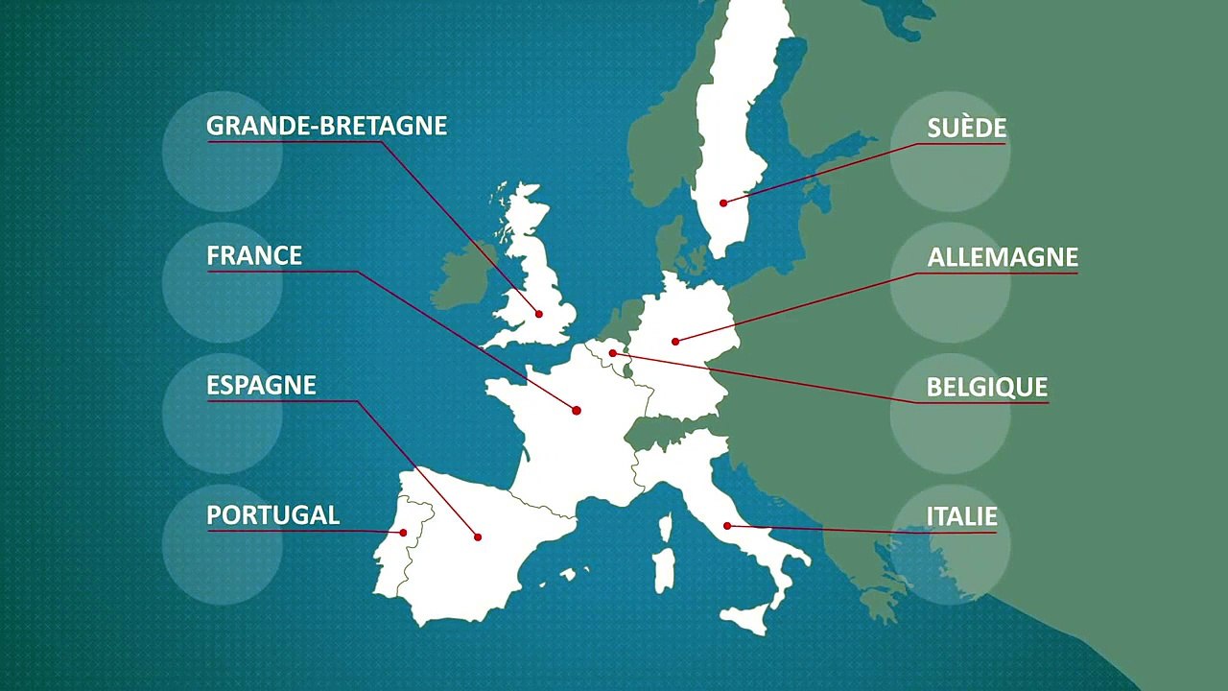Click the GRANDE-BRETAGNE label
tap(326, 126)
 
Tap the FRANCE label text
tap(254, 255)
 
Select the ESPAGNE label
tap(261, 385)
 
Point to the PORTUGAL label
tap(272, 514)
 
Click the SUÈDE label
tap(966, 129)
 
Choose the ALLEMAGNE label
tap(1003, 257)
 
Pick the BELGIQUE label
tap(986, 387)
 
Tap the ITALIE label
tap(961, 516)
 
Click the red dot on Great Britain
tap(539, 314)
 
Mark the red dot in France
tap(577, 411)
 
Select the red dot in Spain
tap(478, 536)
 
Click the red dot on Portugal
tap(403, 533)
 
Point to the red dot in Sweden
tap(723, 203)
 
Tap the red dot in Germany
tap(675, 341)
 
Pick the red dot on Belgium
tap(612, 353)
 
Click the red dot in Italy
tap(727, 526)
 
